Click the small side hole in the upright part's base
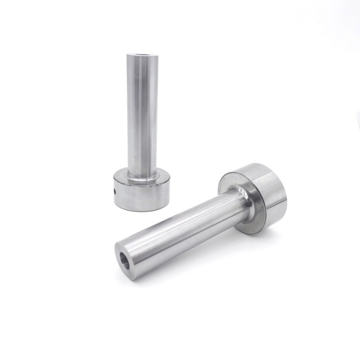[115, 191]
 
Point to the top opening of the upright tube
[142, 56]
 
